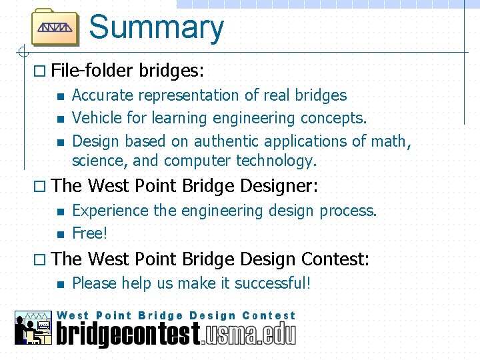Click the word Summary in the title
pos(156,28)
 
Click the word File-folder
pos(93,70)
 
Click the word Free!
pos(90,233)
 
